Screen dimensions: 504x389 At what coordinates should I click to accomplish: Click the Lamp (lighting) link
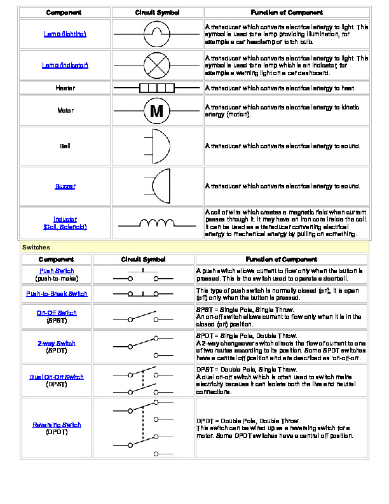65,34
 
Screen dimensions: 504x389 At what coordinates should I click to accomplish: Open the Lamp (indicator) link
65,65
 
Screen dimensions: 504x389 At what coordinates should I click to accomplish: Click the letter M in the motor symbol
156,111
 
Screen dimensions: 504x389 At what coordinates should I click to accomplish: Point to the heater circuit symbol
156,88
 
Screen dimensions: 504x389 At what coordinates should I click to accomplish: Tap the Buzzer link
65,186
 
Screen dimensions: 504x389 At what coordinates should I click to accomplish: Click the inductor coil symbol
156,223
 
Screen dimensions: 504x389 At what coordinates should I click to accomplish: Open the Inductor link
65,219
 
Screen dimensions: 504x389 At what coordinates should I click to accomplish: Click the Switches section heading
36,247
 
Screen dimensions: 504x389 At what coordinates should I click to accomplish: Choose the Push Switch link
56,271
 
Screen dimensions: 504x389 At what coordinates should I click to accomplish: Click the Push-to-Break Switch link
57,294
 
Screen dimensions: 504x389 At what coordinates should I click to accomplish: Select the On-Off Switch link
57,312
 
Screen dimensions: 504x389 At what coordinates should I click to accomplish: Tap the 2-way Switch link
57,344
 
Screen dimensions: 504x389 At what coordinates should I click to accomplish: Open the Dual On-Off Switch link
57,377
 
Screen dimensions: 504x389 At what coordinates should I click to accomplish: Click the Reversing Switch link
57,424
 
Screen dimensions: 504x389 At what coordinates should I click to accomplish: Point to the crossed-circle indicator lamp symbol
156,65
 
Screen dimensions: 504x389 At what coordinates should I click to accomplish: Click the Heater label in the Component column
65,88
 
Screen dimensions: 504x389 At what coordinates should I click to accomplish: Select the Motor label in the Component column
65,111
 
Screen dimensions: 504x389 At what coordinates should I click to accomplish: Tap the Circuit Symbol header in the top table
156,13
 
